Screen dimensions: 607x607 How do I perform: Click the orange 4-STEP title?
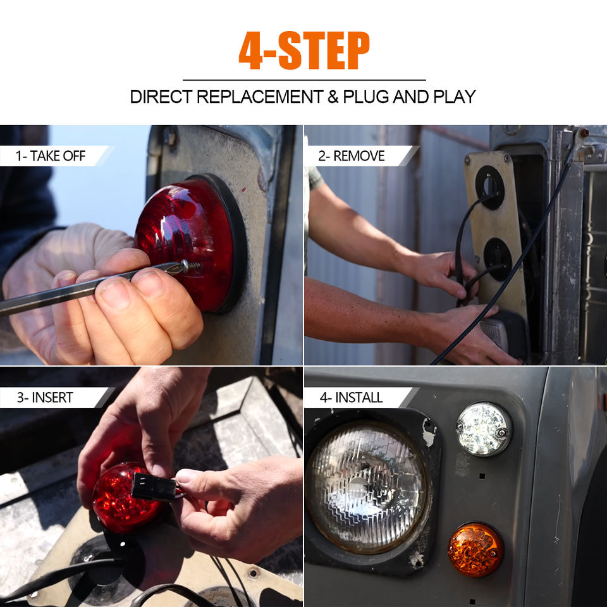[304, 51]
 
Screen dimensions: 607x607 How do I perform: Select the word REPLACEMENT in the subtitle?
[260, 97]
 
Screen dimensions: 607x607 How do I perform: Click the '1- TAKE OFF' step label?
[51, 156]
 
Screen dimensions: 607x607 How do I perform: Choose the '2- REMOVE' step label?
[352, 156]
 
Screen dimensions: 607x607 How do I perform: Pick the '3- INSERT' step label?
[45, 397]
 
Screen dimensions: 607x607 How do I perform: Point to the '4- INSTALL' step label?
[351, 397]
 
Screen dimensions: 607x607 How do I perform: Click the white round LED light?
[484, 429]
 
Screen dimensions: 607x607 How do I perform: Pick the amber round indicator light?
[475, 549]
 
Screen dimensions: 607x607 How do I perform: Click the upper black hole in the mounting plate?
[489, 188]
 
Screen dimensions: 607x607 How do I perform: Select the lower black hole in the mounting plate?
[498, 259]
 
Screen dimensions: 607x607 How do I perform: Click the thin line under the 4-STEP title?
[304, 80]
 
